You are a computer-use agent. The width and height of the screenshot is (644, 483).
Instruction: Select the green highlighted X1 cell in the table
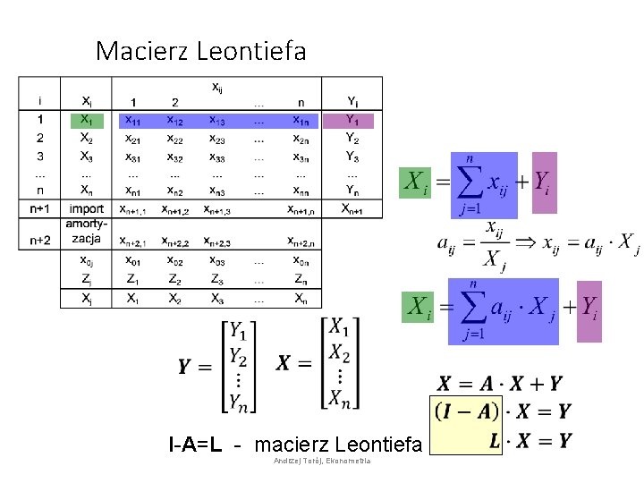tap(86, 120)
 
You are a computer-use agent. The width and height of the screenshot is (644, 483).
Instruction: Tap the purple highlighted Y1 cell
tap(352, 120)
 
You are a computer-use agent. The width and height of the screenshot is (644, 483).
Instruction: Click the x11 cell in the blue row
tap(133, 120)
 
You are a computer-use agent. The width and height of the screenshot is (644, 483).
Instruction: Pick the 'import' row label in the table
tap(86, 208)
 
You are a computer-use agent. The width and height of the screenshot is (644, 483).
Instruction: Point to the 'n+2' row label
tap(39, 240)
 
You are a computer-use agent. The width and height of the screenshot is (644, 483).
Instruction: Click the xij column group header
tap(217, 87)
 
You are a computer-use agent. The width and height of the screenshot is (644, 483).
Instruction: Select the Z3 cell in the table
tap(217, 280)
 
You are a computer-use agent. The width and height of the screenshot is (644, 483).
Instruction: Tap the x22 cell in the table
tap(175, 138)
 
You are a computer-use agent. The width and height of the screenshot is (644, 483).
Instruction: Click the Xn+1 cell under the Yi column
tap(352, 208)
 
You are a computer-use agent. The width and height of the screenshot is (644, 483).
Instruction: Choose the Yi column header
tap(352, 101)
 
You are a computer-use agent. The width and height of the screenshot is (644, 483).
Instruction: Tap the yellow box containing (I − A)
tap(465, 411)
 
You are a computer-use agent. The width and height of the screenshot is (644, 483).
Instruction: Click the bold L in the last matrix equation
tap(494, 440)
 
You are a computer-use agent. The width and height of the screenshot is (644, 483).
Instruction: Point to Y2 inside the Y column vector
tap(238, 358)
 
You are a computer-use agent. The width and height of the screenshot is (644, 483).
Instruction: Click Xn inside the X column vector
tap(339, 396)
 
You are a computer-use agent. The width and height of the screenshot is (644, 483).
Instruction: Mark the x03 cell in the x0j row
tap(217, 261)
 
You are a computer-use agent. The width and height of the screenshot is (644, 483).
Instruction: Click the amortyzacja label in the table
tap(86, 232)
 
